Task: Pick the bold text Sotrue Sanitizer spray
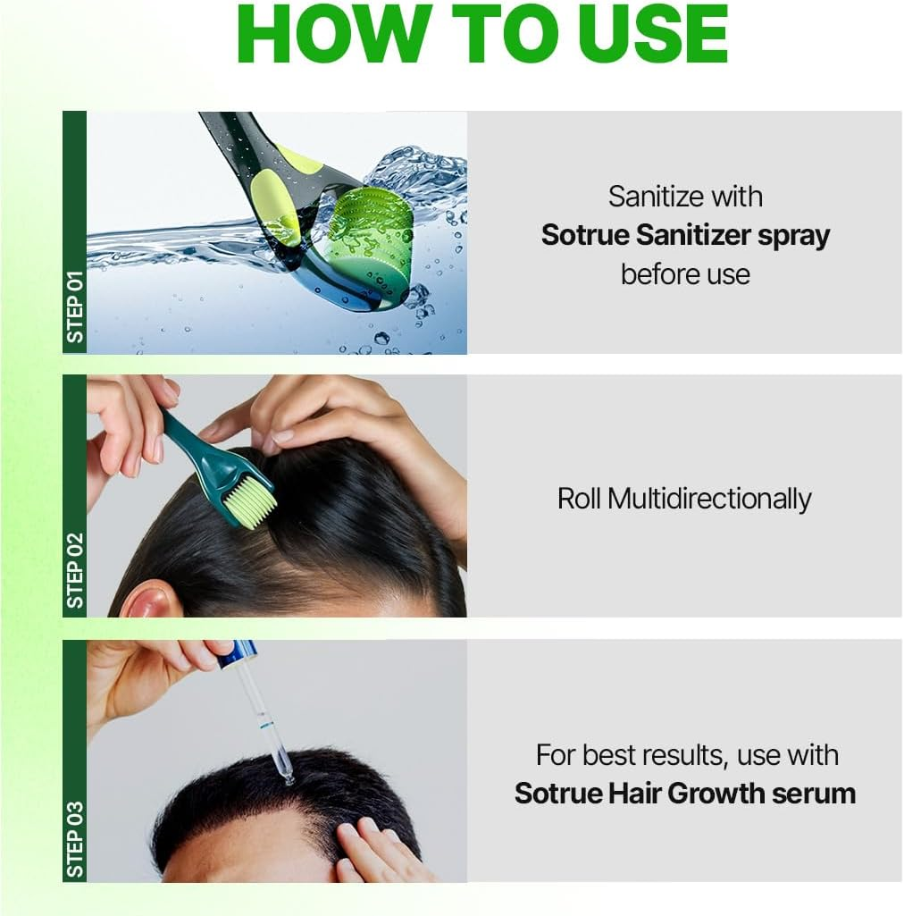pyautogui.click(x=685, y=235)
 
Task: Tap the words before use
pyautogui.click(x=685, y=273)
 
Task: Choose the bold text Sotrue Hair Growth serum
pyautogui.click(x=685, y=793)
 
